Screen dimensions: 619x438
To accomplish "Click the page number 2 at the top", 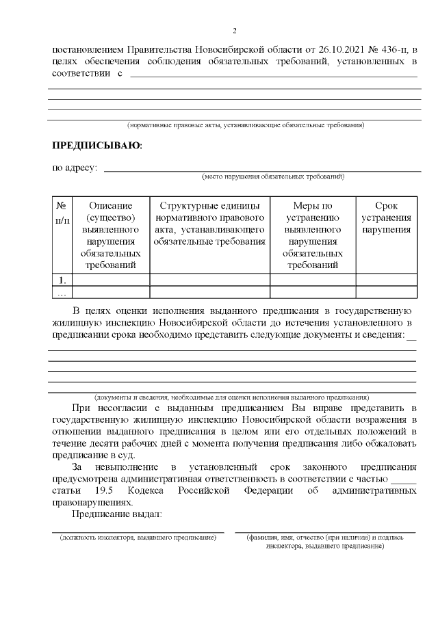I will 234,31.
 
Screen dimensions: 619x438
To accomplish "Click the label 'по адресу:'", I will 75,168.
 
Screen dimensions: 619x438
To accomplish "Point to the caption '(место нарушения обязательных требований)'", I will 272,176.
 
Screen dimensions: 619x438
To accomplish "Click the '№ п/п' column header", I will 62,212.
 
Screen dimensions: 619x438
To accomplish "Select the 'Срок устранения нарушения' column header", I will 387,218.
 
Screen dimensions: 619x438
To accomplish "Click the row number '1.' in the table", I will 62,279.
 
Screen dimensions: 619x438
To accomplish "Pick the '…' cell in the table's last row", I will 62,293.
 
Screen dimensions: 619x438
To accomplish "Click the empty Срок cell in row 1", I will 387,279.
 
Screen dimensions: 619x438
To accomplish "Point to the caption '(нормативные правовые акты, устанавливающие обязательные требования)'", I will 246,125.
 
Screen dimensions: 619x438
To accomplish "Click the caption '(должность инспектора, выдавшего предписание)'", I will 138,538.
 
